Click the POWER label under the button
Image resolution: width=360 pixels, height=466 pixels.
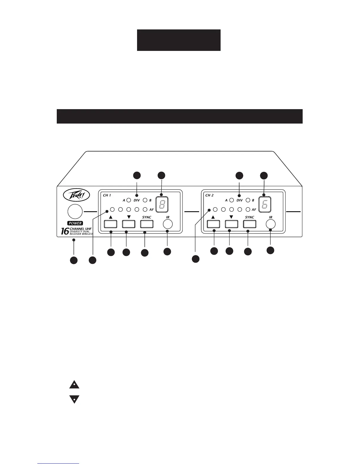pos(75,223)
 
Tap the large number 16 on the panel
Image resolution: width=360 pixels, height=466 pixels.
pos(65,231)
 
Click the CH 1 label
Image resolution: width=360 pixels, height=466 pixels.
pos(107,195)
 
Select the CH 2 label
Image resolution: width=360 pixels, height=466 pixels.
pos(209,195)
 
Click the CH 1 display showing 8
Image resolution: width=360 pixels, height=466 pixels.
pos(162,204)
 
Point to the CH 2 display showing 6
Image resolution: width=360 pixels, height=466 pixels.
pos(264,204)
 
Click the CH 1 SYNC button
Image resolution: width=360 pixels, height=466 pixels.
pos(146,224)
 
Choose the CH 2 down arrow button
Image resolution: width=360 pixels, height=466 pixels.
pos(231,224)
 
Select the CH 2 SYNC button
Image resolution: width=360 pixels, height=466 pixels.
pos(249,224)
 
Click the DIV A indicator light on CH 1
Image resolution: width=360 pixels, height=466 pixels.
pos(129,200)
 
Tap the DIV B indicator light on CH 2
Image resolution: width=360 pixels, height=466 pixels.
pos(248,200)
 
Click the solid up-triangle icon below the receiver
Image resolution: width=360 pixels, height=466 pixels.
pos(74,385)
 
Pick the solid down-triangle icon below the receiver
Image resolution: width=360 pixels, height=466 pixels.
pos(74,399)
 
